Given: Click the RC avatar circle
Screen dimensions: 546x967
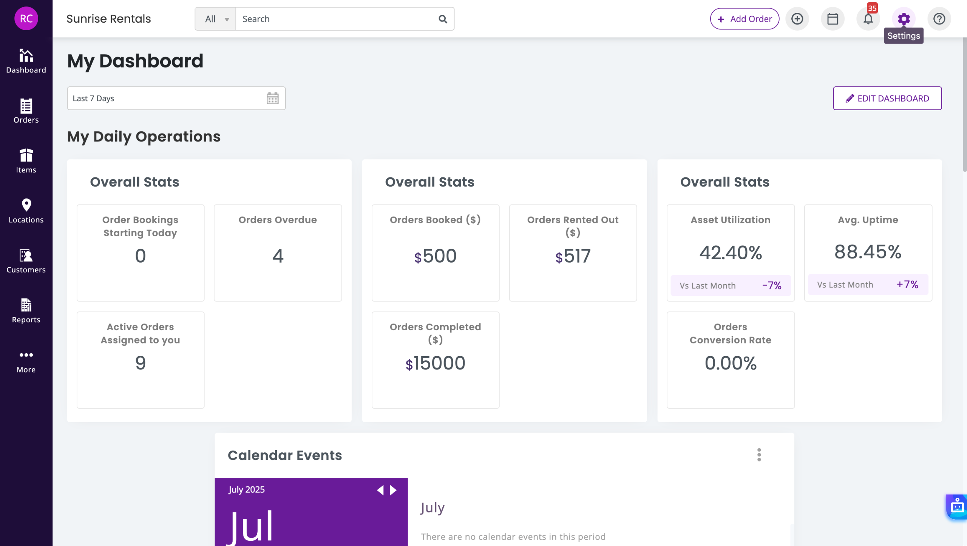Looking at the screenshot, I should tap(26, 18).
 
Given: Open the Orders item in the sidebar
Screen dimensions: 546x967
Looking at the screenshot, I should tap(26, 111).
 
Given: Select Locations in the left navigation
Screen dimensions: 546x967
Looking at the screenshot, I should tap(26, 211).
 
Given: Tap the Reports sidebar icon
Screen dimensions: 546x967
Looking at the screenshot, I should tap(26, 311).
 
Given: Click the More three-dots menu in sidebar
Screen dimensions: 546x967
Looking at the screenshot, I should tap(26, 361).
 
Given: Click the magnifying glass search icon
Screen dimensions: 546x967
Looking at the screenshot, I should tap(443, 19).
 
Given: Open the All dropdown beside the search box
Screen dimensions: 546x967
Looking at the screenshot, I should tap(216, 19).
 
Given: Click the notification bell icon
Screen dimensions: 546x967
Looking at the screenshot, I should tap(868, 19).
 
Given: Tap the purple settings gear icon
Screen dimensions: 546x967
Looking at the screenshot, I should tap(904, 18).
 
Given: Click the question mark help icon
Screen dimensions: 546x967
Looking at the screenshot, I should tap(939, 19).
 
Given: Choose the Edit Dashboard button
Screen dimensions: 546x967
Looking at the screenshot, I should tap(887, 98).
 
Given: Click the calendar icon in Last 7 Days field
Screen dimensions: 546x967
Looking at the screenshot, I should tap(272, 98).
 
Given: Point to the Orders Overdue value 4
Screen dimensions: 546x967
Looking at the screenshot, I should tap(278, 256).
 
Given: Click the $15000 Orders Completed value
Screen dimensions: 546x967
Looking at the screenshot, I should tap(435, 363).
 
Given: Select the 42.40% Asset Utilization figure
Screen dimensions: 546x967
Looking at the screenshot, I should tap(731, 253).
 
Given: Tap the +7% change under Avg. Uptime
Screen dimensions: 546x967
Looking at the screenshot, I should tap(907, 285).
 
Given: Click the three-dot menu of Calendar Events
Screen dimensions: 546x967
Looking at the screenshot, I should tap(759, 455).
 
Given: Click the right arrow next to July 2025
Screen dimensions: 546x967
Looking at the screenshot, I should tap(393, 490).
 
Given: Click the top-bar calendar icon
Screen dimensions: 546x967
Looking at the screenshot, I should tap(833, 19).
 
